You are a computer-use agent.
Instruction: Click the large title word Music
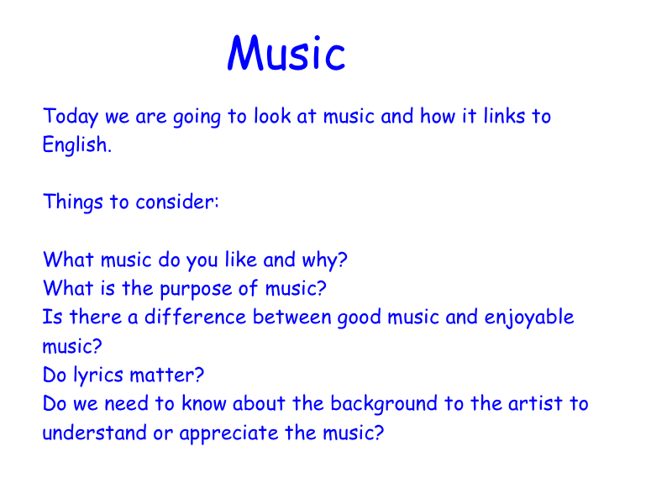point(286,53)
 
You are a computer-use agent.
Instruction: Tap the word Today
point(71,117)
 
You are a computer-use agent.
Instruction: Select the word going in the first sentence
point(197,118)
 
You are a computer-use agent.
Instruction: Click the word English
point(76,144)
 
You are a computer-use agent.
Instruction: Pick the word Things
point(73,202)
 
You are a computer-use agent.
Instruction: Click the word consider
point(177,202)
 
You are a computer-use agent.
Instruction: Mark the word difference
point(195,317)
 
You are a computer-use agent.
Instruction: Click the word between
point(291,317)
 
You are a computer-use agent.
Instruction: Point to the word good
point(360,318)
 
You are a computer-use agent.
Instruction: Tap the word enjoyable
point(529,318)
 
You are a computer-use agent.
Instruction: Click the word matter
point(166,375)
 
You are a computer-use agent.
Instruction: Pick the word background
point(384,405)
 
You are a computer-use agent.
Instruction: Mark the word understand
point(94,433)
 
